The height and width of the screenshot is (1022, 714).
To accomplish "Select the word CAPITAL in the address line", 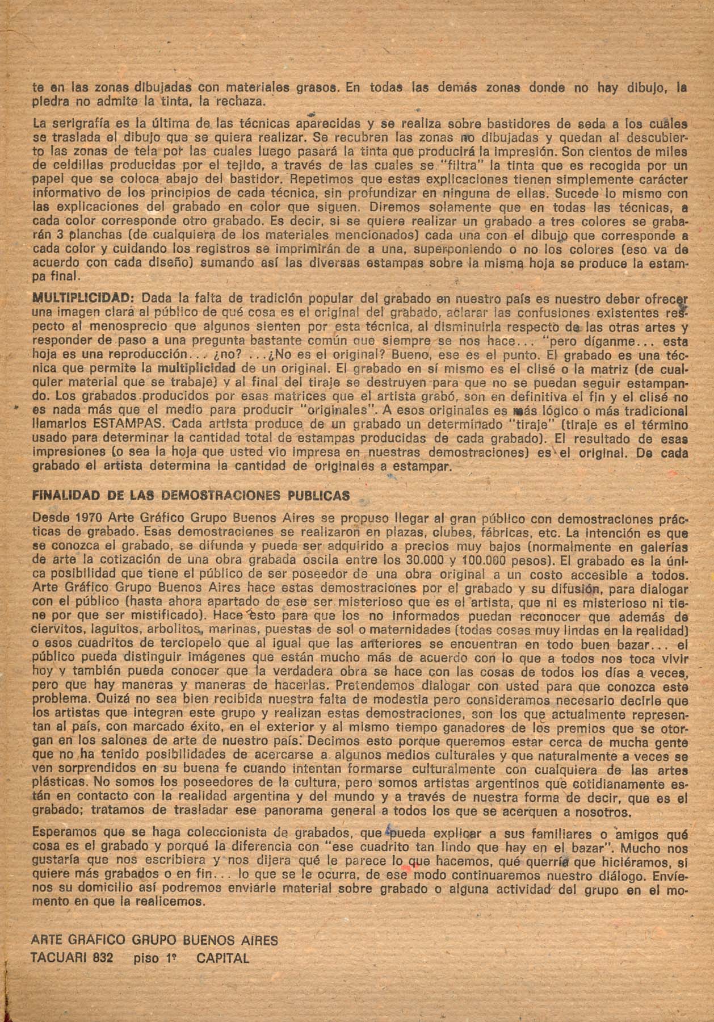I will tap(222, 958).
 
